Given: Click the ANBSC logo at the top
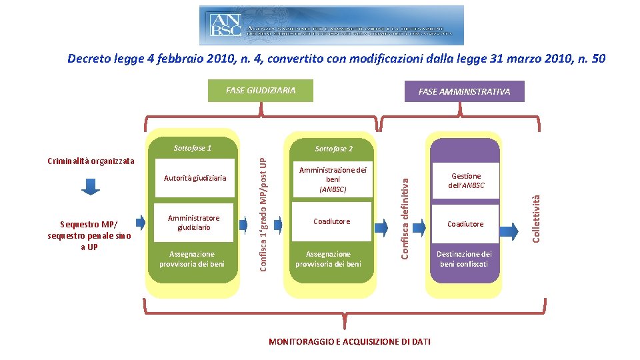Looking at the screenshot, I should pyautogui.click(x=331, y=25).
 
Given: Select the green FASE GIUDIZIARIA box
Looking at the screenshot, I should pyautogui.click(x=260, y=91).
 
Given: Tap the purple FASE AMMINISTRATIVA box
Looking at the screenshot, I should pyautogui.click(x=464, y=91).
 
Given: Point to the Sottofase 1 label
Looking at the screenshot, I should pyautogui.click(x=192, y=148).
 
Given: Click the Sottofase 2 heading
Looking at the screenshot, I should pyautogui.click(x=333, y=149).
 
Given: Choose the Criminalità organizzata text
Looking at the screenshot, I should pyautogui.click(x=91, y=161).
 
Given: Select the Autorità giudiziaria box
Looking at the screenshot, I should pyautogui.click(x=195, y=178).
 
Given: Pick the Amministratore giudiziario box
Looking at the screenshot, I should pyautogui.click(x=193, y=223).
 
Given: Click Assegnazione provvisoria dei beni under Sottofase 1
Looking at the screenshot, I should pyautogui.click(x=192, y=259).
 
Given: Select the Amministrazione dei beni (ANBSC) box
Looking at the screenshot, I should pyautogui.click(x=333, y=180).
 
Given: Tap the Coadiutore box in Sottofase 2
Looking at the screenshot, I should pyautogui.click(x=332, y=221).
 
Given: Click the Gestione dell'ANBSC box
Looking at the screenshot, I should pyautogui.click(x=465, y=181).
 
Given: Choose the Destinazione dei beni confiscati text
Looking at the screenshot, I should pyautogui.click(x=464, y=259).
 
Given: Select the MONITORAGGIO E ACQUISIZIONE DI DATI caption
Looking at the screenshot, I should pyautogui.click(x=349, y=341).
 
